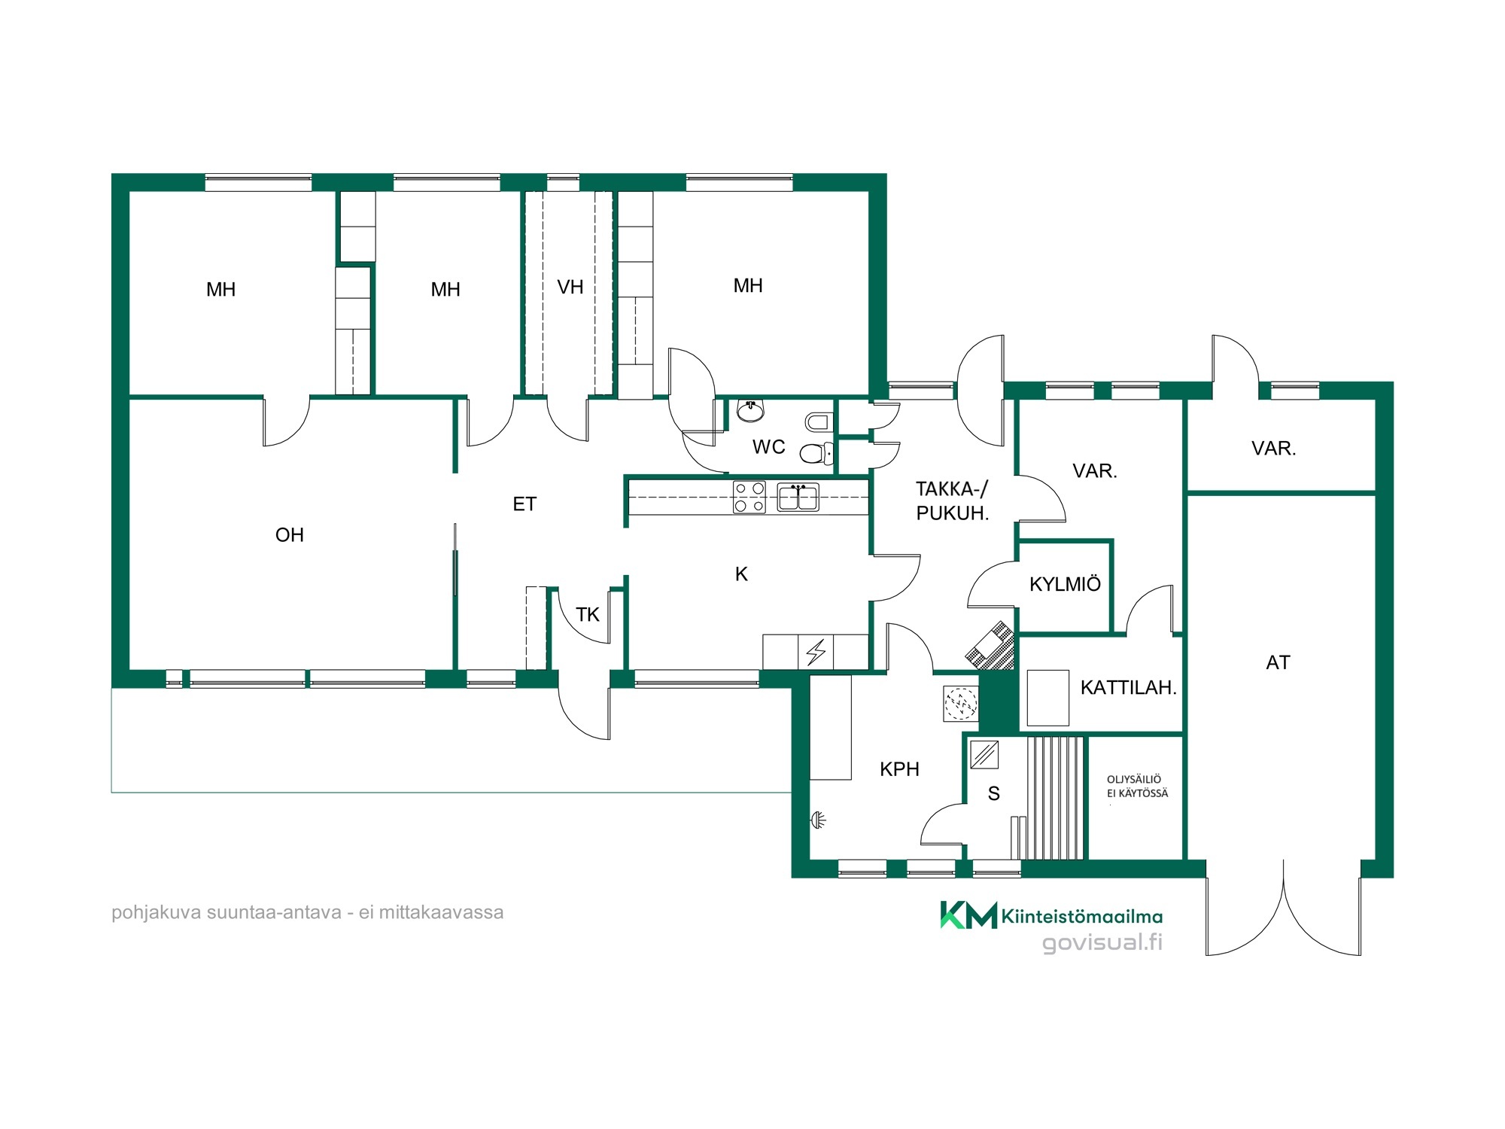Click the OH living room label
[x=290, y=535]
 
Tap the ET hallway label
[x=524, y=504]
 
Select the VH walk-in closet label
[x=570, y=287]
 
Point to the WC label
[x=768, y=447]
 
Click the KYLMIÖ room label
[x=1065, y=584]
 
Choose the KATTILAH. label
[x=1128, y=687]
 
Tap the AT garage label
[x=1278, y=662]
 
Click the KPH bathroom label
[x=899, y=769]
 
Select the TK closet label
[x=587, y=615]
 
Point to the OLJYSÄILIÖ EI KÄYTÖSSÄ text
[x=1137, y=787]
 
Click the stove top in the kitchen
[x=749, y=498]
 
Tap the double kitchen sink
[x=798, y=498]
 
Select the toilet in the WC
[x=816, y=453]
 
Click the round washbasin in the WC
[x=750, y=410]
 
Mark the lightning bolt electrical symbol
[x=816, y=652]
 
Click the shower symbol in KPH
[x=819, y=820]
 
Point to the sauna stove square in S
[x=984, y=754]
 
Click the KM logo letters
[x=968, y=914]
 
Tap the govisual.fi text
[x=1102, y=942]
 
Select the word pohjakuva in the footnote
[x=157, y=913]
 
